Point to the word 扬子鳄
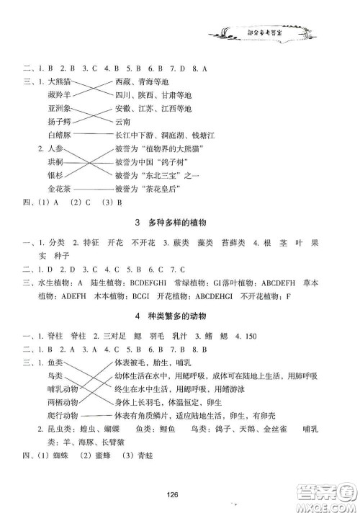[x=58, y=121]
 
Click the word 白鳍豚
[x=58, y=134]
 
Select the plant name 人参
[x=55, y=148]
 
